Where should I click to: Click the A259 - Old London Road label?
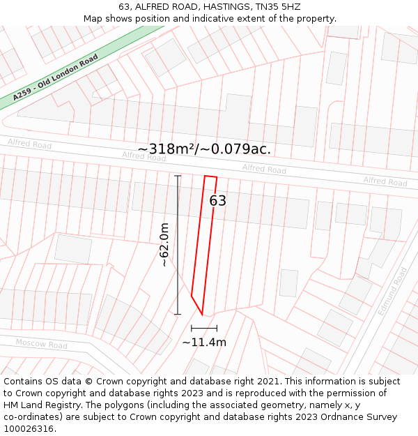(56, 78)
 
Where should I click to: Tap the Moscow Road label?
(41, 344)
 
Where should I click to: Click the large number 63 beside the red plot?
(218, 201)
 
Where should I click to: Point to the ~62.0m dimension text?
(164, 245)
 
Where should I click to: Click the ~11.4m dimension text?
(204, 343)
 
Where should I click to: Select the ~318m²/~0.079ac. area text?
(204, 149)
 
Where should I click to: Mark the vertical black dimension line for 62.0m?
(178, 245)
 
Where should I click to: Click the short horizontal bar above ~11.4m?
(204, 328)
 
